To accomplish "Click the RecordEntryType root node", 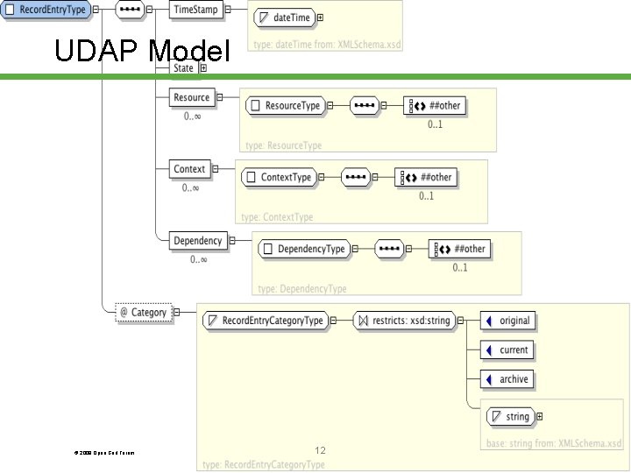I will point(45,10).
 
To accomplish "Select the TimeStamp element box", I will point(195,10).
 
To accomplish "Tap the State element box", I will point(183,67).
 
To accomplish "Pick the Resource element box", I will point(191,97).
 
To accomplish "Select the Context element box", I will point(189,169).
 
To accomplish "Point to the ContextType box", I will point(278,177).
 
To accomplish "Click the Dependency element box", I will point(197,241).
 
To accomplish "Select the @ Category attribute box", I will point(143,312).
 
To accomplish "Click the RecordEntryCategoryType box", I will point(264,321).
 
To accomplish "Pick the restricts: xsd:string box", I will point(404,321).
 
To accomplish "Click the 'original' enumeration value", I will point(507,321).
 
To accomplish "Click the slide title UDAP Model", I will point(141,52).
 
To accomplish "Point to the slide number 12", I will point(320,450).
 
